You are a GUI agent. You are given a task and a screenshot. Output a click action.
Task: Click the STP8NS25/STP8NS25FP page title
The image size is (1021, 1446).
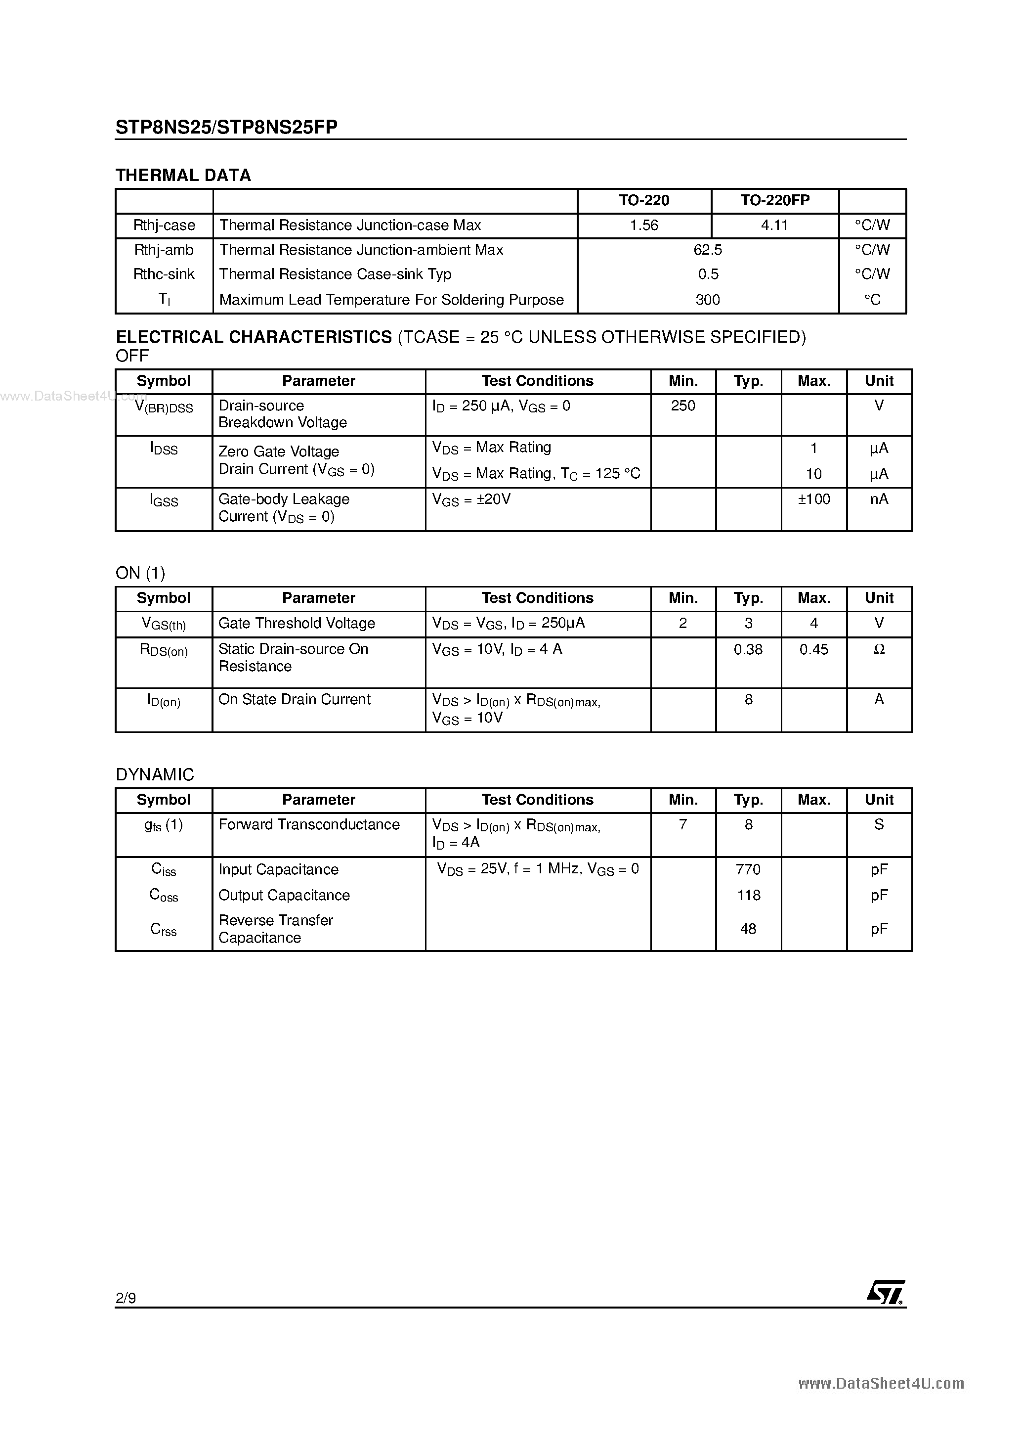(x=227, y=127)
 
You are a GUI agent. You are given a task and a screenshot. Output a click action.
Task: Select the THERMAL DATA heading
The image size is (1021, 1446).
(x=183, y=175)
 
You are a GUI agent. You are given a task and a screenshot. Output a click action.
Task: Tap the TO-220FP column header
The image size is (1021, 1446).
(x=774, y=200)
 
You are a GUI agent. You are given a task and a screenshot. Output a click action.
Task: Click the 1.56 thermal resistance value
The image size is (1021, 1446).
(x=643, y=226)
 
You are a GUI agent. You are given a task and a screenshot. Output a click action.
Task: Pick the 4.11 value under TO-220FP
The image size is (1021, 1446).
(x=774, y=226)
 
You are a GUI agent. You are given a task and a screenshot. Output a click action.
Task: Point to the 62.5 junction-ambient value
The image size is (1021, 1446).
(x=708, y=250)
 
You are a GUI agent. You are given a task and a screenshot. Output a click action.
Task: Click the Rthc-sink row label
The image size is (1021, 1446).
(x=164, y=274)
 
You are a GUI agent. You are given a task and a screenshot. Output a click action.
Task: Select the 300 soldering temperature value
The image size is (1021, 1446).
(x=708, y=300)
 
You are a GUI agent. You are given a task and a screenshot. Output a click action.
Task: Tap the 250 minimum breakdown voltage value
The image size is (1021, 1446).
(x=683, y=406)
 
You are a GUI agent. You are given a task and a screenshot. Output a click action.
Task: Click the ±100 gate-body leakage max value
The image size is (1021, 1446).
(x=813, y=499)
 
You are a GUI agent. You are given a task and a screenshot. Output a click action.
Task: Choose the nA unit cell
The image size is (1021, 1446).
(x=879, y=499)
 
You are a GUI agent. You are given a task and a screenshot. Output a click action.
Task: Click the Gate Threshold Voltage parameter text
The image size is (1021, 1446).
(x=297, y=624)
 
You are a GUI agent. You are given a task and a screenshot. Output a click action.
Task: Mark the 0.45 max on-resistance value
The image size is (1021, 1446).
(x=813, y=649)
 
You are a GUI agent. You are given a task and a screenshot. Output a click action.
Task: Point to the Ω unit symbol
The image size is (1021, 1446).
(x=879, y=649)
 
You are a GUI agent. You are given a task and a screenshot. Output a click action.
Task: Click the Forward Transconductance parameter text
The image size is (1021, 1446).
(x=308, y=825)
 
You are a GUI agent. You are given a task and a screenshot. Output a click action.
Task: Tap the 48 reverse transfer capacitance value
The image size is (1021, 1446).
(x=748, y=929)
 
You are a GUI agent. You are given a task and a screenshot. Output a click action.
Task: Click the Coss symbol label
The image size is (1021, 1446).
(x=164, y=896)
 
